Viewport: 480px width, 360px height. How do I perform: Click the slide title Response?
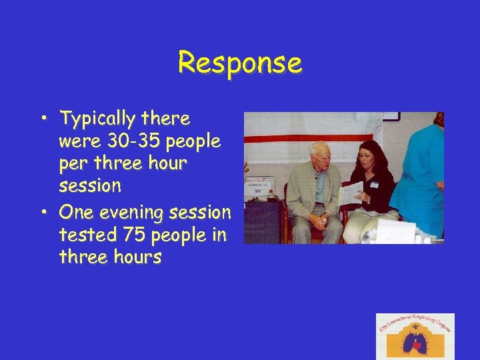click(x=240, y=63)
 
